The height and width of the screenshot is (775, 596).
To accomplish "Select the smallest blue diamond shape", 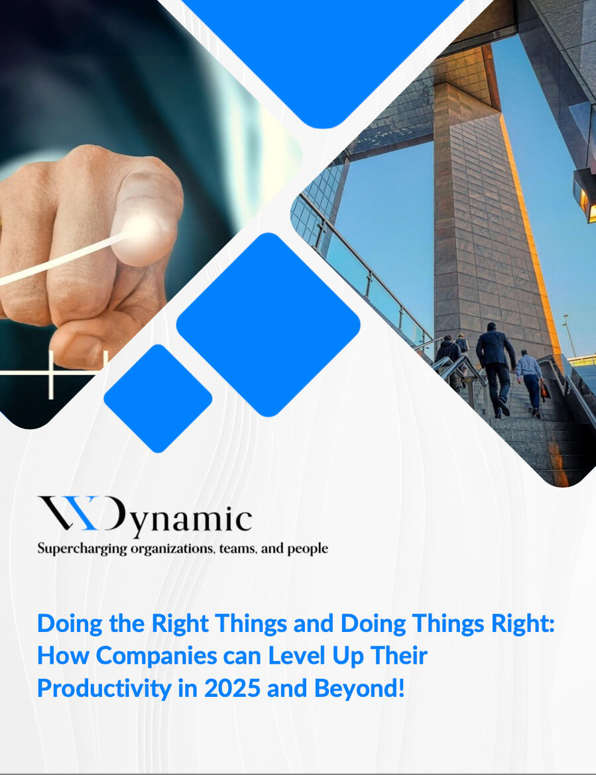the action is click(x=158, y=398).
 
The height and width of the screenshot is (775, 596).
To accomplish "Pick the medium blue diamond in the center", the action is click(x=268, y=325).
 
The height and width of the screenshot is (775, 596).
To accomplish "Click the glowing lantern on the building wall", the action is click(x=587, y=197).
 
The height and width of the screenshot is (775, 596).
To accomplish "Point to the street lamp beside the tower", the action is click(x=569, y=335).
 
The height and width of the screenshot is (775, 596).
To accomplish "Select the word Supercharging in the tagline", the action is click(x=83, y=549).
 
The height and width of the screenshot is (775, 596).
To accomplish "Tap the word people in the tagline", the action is click(x=308, y=549).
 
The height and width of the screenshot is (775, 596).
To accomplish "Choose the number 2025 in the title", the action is click(x=232, y=688).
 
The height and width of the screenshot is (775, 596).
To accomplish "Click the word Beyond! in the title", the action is click(x=359, y=688).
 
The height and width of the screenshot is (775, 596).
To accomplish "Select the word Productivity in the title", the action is click(x=104, y=688).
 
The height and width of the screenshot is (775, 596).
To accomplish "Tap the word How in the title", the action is click(x=64, y=655).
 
